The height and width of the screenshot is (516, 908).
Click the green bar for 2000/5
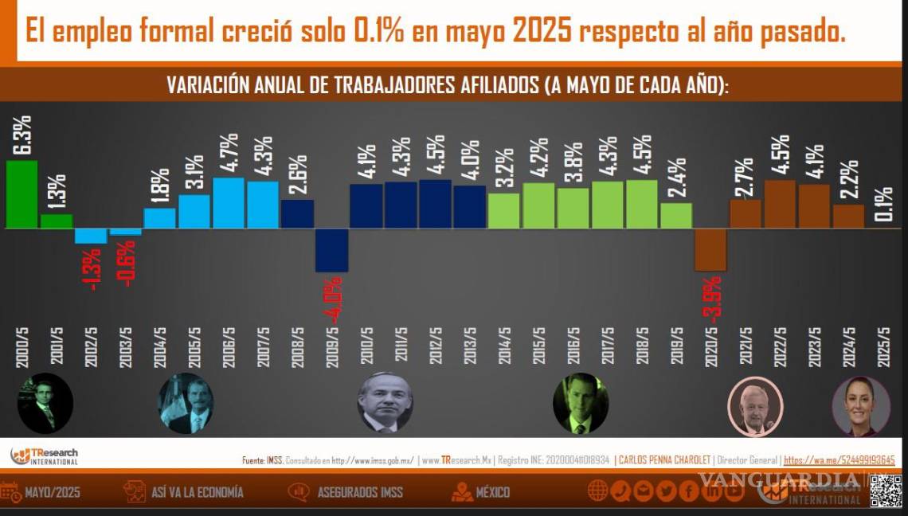22,194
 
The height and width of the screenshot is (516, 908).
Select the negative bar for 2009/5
331,250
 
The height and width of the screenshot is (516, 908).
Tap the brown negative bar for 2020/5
710,249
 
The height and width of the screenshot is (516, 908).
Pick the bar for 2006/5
229,203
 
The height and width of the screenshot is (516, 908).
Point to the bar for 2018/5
642,204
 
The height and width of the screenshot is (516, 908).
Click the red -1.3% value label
93,269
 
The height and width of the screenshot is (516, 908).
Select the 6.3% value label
22,135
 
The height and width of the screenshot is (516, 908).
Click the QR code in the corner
885,491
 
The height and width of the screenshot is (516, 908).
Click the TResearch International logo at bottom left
45,456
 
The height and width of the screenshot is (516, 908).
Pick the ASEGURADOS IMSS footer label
360,492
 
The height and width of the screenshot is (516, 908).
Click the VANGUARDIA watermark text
779,479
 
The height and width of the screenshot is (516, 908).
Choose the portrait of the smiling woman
860,405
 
